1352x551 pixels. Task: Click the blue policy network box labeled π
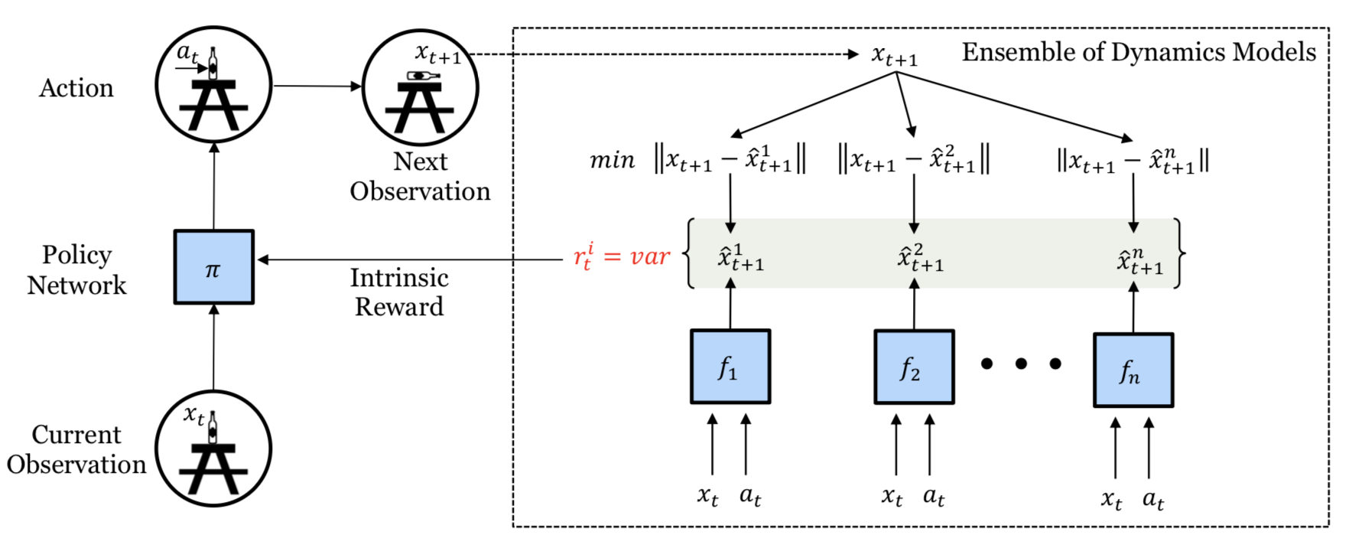click(x=213, y=267)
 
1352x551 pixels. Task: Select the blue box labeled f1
click(x=730, y=367)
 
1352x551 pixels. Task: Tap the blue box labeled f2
click(x=915, y=367)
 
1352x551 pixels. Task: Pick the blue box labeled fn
click(x=1133, y=370)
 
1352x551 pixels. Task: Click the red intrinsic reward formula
click(x=622, y=257)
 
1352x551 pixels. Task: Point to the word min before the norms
click(x=613, y=160)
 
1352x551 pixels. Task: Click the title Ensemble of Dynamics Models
click(x=1139, y=52)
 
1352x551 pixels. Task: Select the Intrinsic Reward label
click(x=399, y=292)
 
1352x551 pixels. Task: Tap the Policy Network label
click(x=76, y=270)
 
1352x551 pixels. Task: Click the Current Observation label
click(x=76, y=449)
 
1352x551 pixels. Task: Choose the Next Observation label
click(x=420, y=176)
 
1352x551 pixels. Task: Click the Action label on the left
click(x=76, y=88)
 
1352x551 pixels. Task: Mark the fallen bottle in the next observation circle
click(x=423, y=75)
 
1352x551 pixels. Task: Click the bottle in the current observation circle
click(x=213, y=426)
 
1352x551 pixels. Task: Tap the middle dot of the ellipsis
click(x=1021, y=364)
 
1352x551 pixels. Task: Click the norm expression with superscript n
click(x=1133, y=161)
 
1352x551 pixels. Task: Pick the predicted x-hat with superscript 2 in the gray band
click(x=921, y=258)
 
